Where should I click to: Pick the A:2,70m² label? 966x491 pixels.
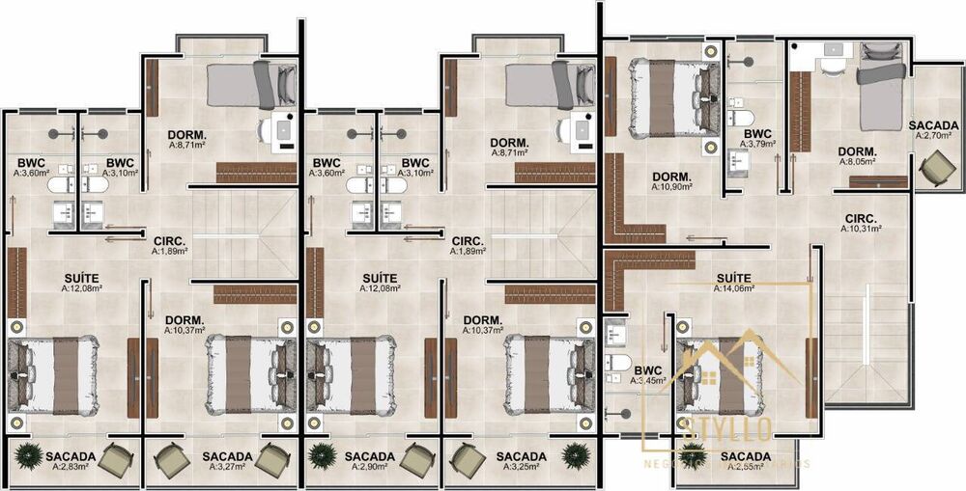point(933,136)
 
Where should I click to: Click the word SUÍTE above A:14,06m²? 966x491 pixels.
point(733,277)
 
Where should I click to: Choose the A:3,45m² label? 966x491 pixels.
point(648,381)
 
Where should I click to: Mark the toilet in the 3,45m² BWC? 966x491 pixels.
point(615,364)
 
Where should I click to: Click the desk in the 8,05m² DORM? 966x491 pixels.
point(830,66)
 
